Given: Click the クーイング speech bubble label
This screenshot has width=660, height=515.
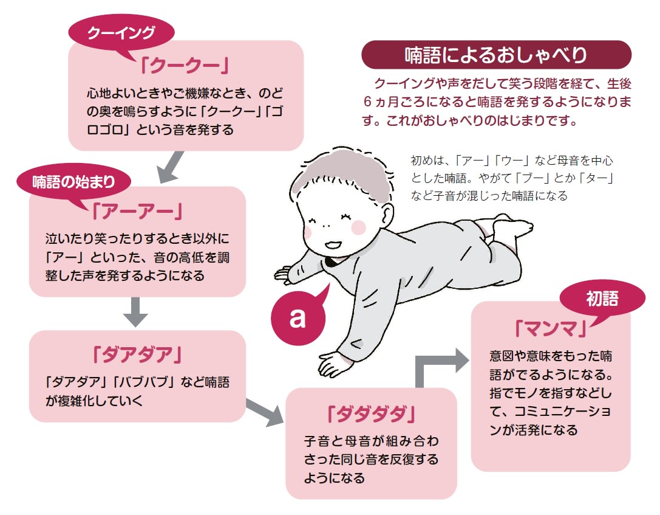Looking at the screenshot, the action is point(121,33).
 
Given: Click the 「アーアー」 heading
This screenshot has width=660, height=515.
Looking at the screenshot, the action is point(137,211).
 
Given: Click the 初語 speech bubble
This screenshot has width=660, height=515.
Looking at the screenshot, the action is point(602,298).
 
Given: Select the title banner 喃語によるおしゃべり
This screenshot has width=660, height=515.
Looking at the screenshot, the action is point(496,55).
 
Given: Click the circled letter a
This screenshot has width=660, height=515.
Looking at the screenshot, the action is point(298,317).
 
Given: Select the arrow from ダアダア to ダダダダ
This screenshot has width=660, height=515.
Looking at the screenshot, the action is point(266,412).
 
